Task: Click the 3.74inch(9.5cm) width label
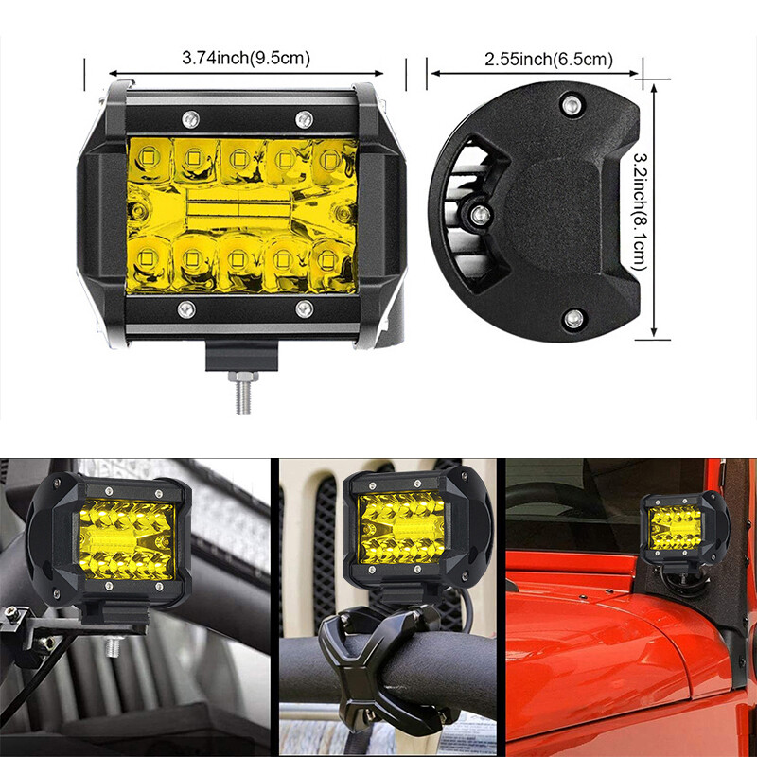[246, 59]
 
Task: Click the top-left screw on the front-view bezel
[187, 117]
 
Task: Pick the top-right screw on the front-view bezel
[304, 117]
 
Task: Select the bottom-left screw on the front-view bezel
[187, 308]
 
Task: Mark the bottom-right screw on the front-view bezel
[304, 308]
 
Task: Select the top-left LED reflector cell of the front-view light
[149, 155]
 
